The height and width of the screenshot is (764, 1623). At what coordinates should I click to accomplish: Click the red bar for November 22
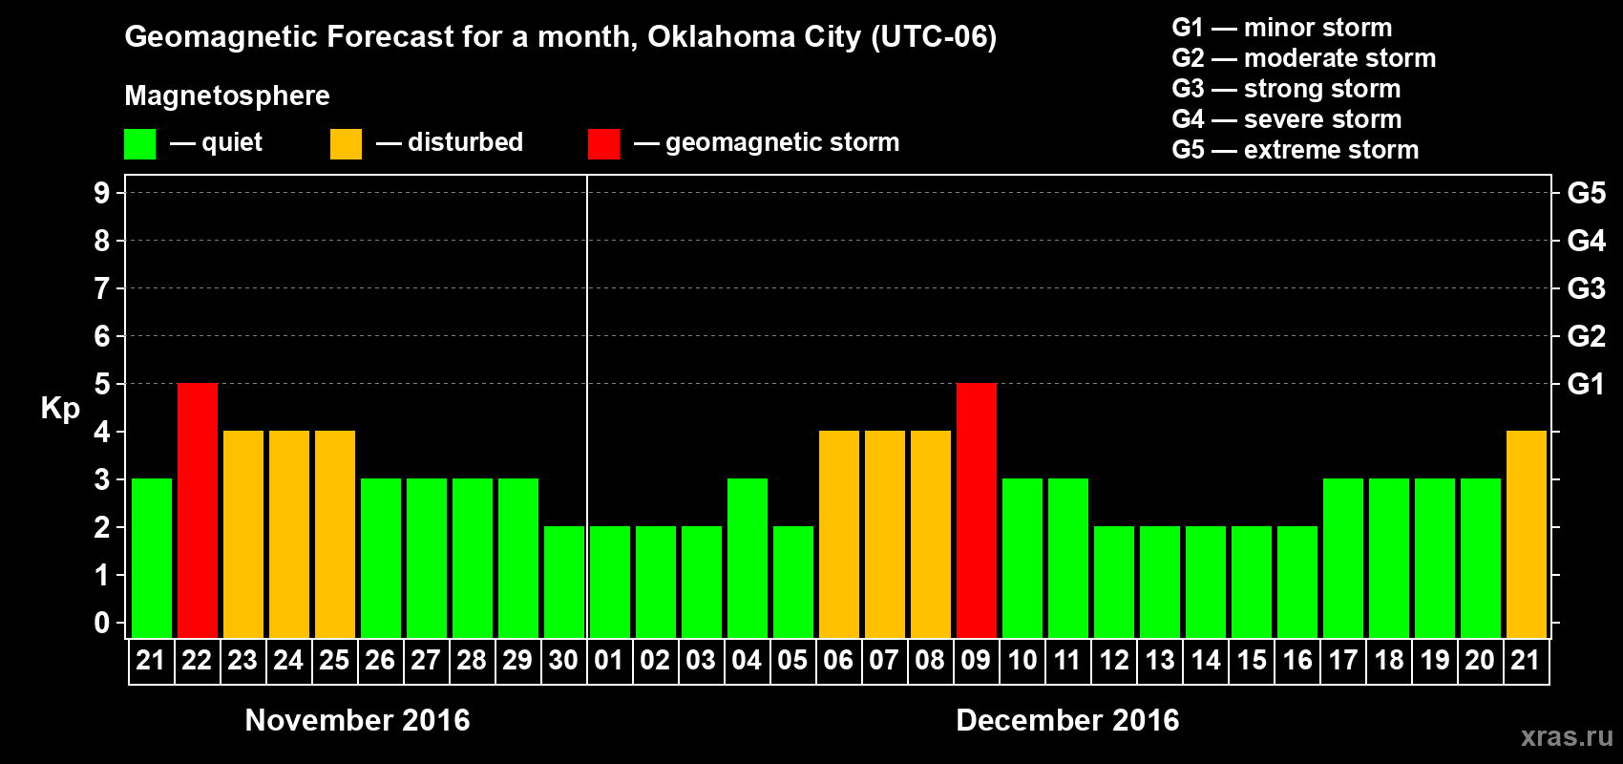[x=198, y=510]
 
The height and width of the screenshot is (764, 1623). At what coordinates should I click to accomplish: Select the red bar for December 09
[x=977, y=510]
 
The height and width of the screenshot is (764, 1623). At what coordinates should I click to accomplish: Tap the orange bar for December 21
[x=1527, y=534]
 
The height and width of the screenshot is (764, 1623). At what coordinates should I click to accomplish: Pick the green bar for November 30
[x=564, y=582]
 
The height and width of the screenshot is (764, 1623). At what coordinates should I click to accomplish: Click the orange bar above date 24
[x=289, y=534]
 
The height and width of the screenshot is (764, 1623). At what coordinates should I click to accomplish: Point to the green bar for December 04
[x=748, y=558]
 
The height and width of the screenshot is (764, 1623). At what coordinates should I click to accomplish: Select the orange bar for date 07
[x=885, y=534]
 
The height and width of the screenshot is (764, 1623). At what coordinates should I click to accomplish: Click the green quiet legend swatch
[x=140, y=144]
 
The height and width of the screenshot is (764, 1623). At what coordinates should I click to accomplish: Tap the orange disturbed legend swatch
[x=346, y=144]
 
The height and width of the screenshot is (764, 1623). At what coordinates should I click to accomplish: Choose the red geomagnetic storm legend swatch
[x=603, y=144]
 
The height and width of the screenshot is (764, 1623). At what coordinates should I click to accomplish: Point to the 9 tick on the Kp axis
[x=102, y=193]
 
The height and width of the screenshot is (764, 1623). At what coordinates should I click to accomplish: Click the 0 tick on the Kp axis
[x=102, y=623]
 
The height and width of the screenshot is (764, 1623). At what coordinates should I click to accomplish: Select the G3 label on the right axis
[x=1586, y=288]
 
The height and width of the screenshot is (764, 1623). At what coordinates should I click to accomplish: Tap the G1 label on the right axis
[x=1586, y=384]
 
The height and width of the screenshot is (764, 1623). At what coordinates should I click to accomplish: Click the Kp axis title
[x=60, y=409]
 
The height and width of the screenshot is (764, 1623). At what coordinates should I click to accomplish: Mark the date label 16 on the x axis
[x=1297, y=660]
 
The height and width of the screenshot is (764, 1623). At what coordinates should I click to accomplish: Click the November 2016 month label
[x=357, y=720]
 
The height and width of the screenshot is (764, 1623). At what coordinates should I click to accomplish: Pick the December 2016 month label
[x=1067, y=720]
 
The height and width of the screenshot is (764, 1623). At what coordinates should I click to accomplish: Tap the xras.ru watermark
[x=1567, y=736]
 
